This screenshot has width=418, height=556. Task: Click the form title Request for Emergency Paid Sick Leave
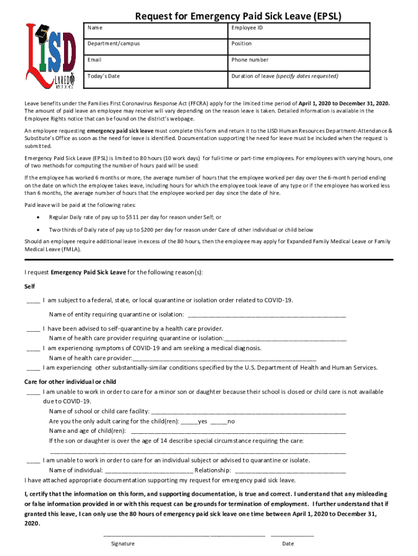click(238, 16)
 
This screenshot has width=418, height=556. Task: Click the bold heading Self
click(30, 286)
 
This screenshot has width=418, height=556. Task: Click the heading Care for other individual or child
click(71, 382)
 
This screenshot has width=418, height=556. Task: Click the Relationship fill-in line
click(290, 470)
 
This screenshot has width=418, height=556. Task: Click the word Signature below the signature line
click(123, 544)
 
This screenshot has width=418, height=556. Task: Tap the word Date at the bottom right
click(288, 544)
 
